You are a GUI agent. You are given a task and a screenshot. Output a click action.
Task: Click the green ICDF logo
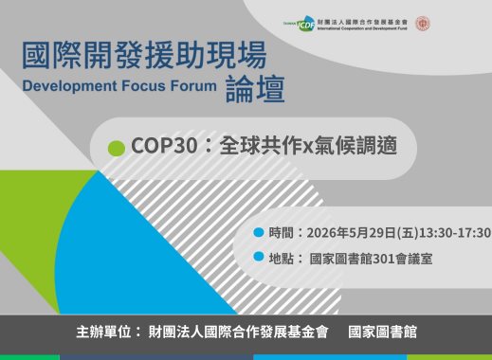click(307, 25)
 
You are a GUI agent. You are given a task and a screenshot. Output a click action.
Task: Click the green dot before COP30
click(117, 148)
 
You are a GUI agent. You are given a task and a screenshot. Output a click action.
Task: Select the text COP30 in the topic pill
click(162, 148)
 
